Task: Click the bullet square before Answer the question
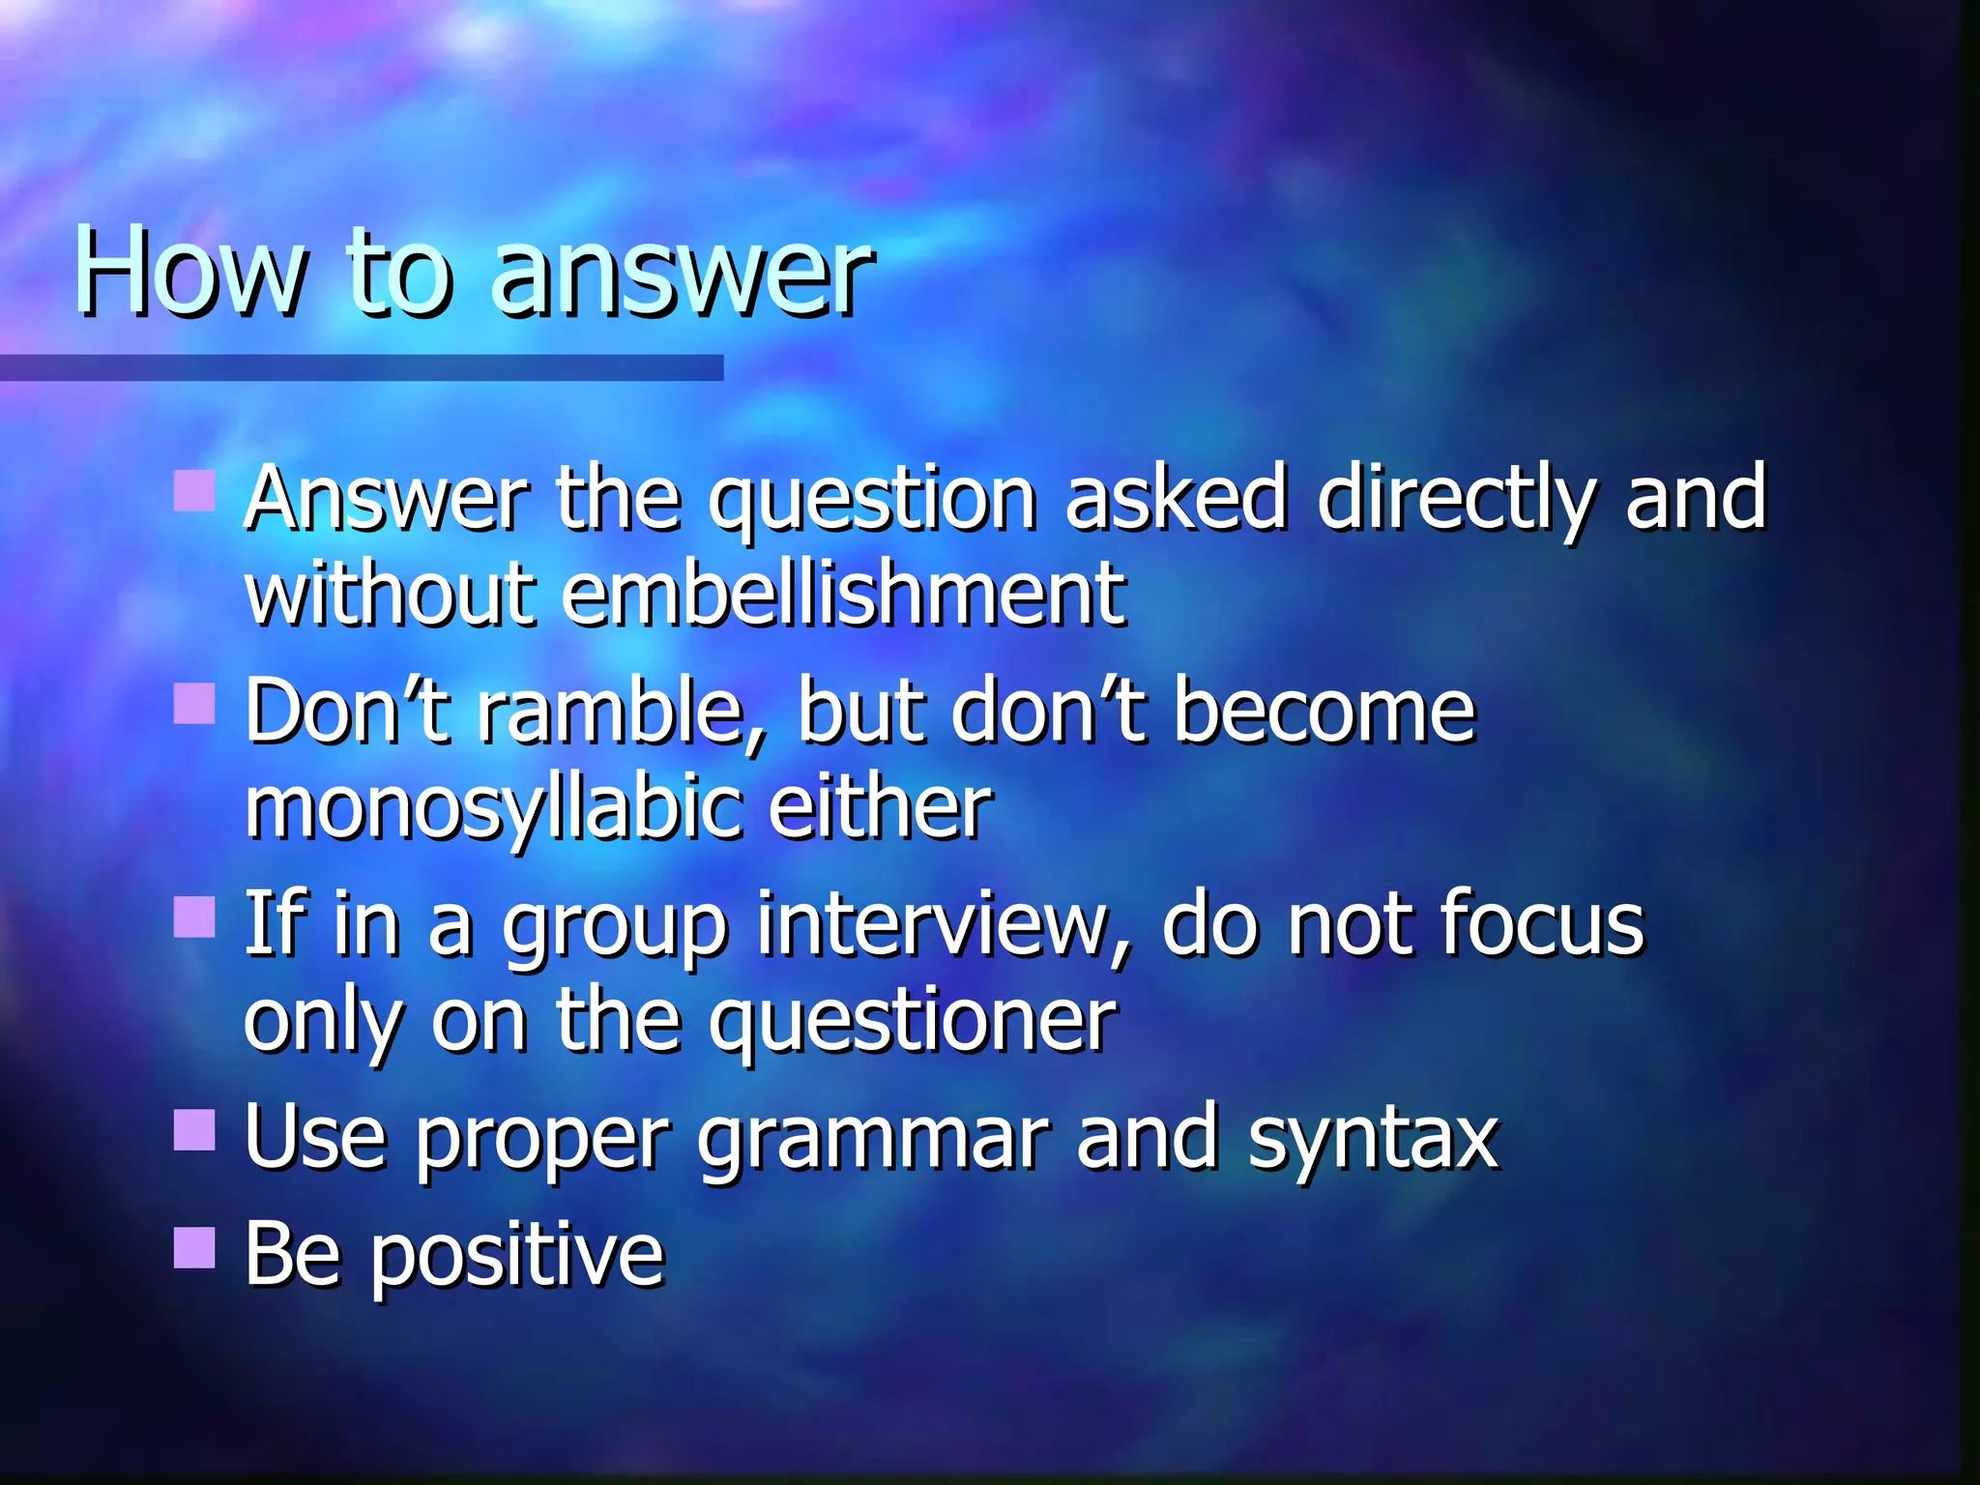click(x=194, y=491)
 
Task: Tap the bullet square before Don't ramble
click(x=194, y=704)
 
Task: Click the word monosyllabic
click(x=493, y=808)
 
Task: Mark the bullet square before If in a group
click(x=194, y=917)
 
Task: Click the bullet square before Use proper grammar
click(x=194, y=1129)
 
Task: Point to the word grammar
click(x=873, y=1141)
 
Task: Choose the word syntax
click(x=1373, y=1141)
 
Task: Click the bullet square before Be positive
click(x=194, y=1247)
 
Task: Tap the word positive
click(x=518, y=1257)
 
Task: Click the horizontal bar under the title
click(x=362, y=367)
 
